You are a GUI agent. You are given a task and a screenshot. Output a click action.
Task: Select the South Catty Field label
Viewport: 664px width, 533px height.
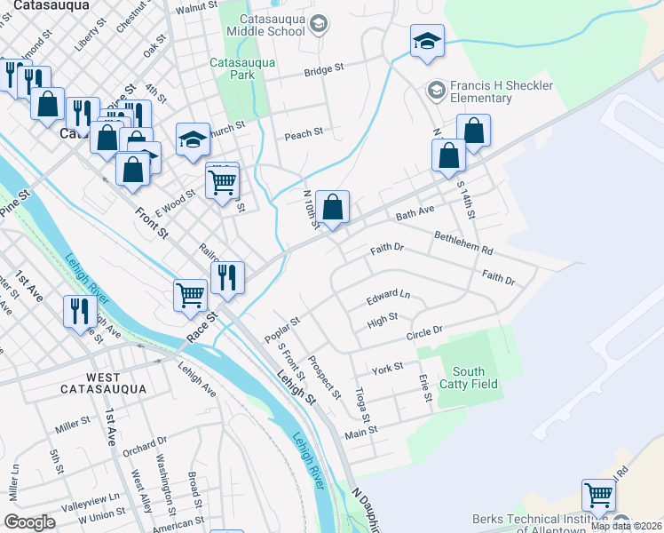click(468, 378)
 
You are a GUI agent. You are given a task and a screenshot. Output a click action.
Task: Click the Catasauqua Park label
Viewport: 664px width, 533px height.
click(242, 68)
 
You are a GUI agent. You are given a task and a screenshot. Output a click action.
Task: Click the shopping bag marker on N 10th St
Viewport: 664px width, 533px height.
click(332, 209)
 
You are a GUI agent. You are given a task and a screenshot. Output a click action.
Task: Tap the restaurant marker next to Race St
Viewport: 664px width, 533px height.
click(227, 276)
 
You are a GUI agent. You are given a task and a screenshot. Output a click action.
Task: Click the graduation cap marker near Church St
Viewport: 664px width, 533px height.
click(192, 139)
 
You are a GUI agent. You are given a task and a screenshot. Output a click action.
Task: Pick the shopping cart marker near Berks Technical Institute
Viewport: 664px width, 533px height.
click(598, 495)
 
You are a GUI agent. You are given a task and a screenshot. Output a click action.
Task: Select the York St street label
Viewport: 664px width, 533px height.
click(387, 368)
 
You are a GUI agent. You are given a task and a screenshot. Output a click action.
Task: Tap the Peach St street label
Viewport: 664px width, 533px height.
click(303, 135)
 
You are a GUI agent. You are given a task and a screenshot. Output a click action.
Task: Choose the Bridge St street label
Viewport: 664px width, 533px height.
click(323, 69)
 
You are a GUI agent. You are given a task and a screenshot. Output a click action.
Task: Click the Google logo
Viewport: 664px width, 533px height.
click(29, 521)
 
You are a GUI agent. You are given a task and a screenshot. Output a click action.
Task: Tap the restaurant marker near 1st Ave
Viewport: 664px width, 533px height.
click(81, 313)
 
